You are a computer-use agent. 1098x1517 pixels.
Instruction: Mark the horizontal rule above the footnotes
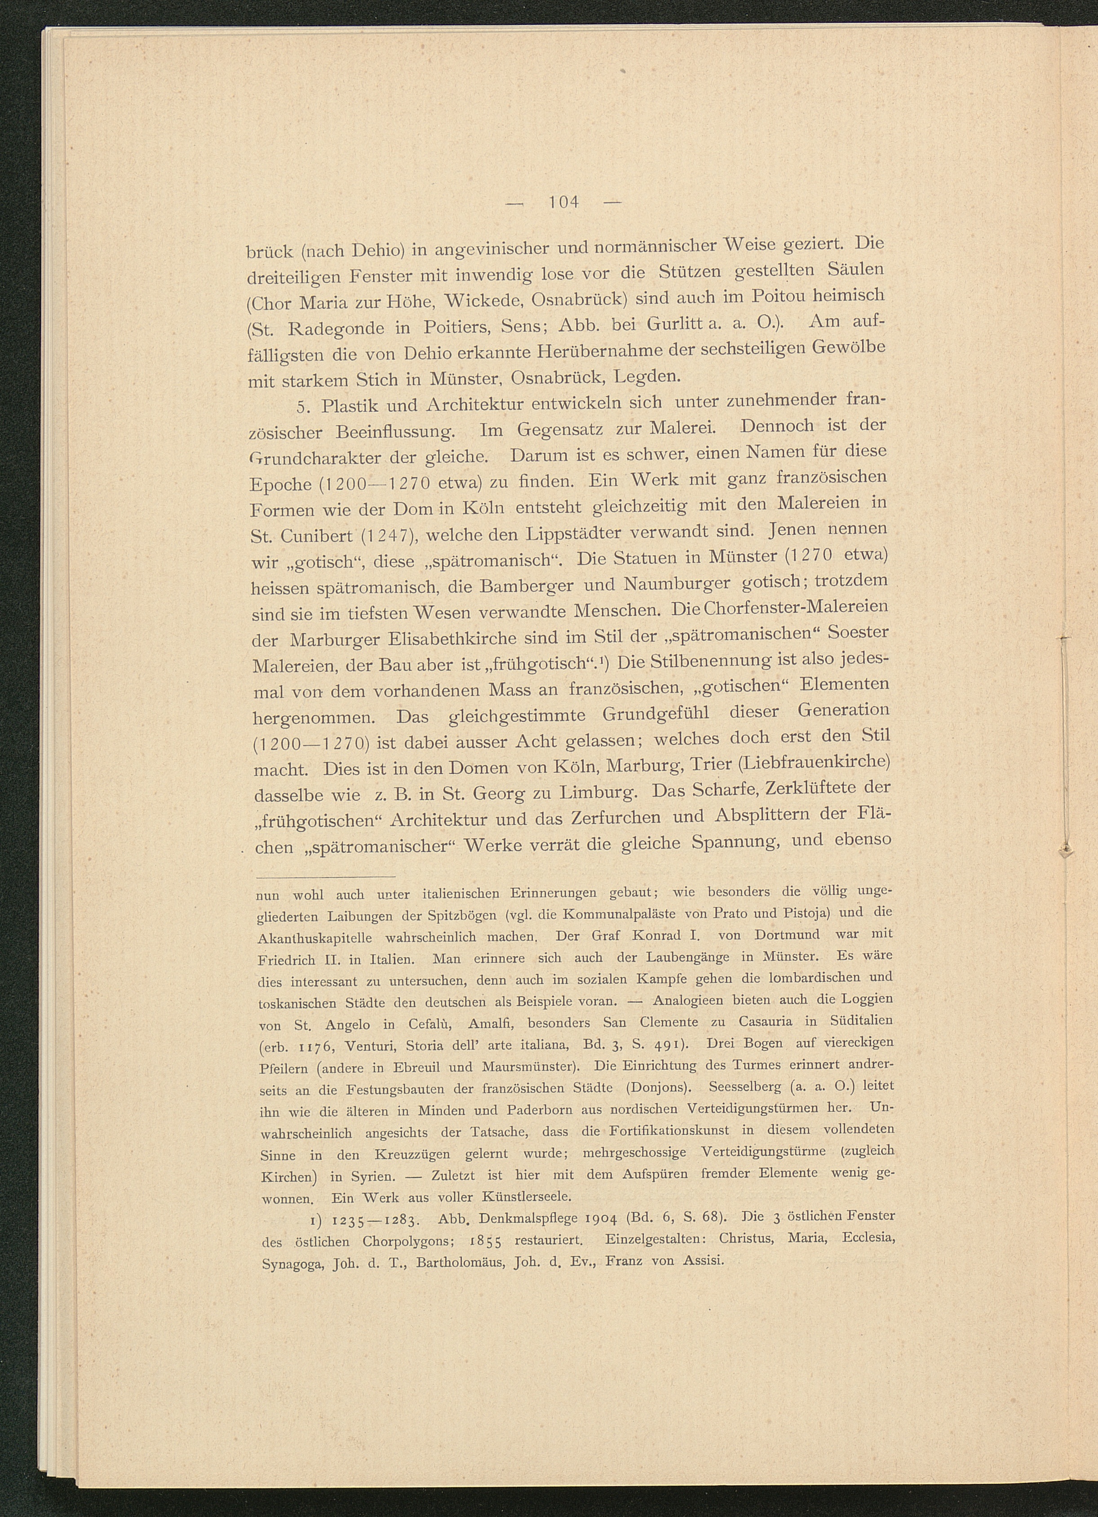[326, 876]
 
